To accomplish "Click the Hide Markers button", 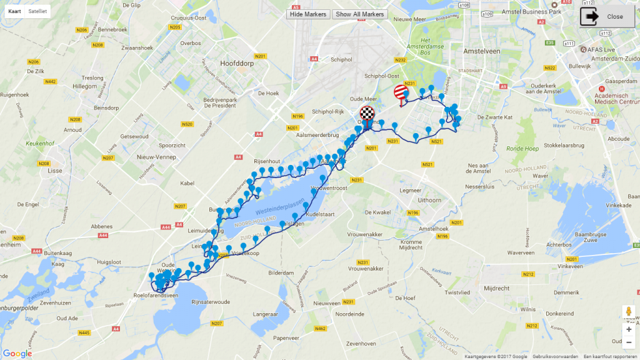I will point(308,14).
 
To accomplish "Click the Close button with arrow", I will point(607,17).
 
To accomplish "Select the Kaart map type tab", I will point(14,11).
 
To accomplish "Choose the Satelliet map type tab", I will point(37,11).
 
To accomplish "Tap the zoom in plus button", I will point(628,329).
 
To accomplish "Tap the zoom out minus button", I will point(628,342).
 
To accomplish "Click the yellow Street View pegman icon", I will point(628,311).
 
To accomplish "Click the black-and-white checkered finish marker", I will point(367,114).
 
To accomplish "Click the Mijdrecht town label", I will point(496,288).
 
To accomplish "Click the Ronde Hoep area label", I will point(522,149).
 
